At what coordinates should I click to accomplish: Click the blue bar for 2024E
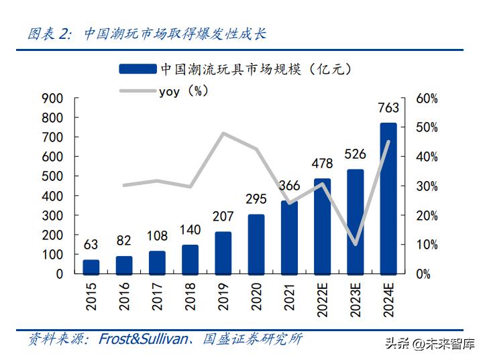click(x=388, y=198)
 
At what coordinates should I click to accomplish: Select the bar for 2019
click(x=223, y=253)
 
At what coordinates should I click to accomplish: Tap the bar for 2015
click(x=91, y=267)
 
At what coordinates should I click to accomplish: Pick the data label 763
click(x=388, y=108)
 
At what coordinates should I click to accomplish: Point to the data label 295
click(x=256, y=199)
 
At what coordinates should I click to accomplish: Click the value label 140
click(x=191, y=229)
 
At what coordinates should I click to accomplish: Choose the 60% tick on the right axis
click(x=427, y=99)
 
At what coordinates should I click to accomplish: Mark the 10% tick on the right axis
click(x=427, y=245)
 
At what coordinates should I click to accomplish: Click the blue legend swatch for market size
click(x=138, y=69)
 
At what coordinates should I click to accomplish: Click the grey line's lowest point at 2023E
click(x=356, y=244)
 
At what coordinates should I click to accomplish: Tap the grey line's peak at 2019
click(x=223, y=133)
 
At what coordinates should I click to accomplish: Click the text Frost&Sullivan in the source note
click(x=144, y=339)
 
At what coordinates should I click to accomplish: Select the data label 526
click(x=356, y=154)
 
